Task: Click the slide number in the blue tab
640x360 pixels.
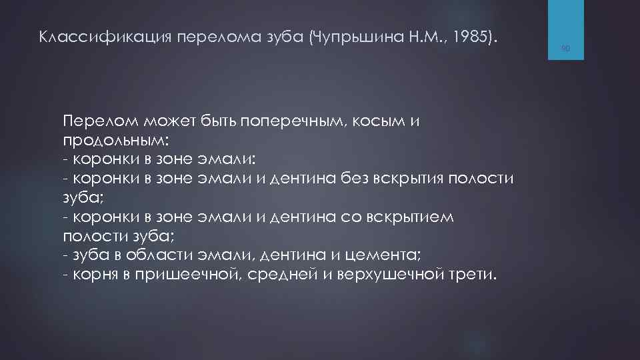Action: point(565,48)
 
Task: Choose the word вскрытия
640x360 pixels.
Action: point(421,179)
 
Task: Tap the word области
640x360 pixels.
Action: point(162,256)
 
